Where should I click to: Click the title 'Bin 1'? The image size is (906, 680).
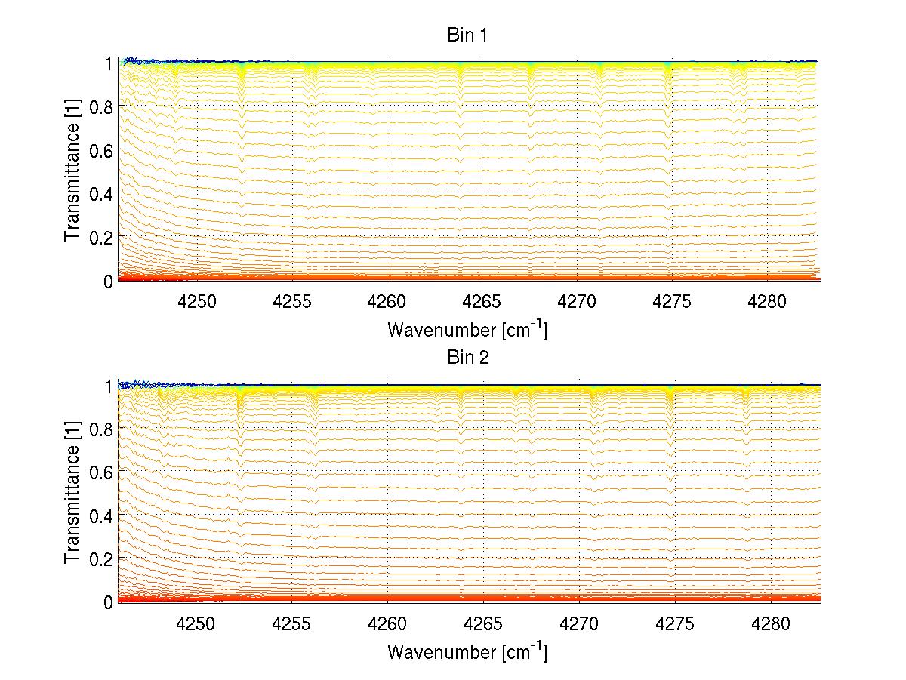click(467, 35)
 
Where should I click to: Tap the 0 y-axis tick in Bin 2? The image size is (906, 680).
click(107, 602)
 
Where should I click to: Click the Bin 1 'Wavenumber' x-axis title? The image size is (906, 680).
click(467, 329)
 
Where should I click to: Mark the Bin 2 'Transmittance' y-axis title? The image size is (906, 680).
click(72, 493)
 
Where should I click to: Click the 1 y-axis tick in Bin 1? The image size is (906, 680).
click(107, 63)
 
